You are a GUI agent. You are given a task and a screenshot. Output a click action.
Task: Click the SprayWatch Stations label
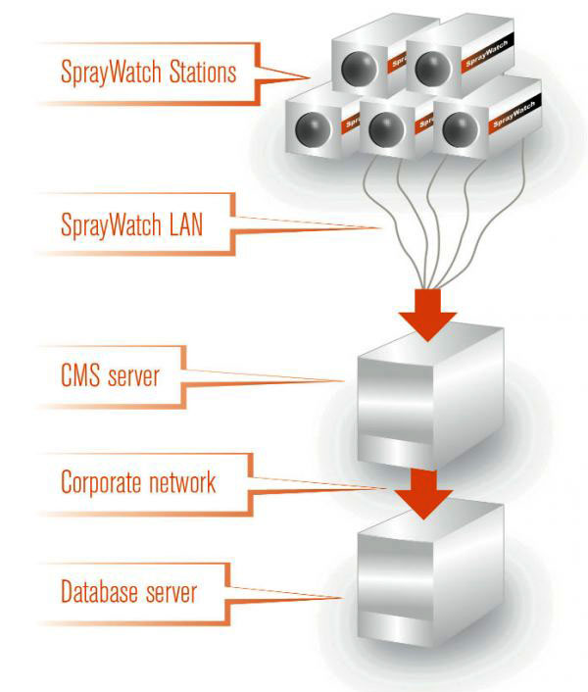point(147,72)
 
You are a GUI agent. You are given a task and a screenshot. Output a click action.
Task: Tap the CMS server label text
point(109,374)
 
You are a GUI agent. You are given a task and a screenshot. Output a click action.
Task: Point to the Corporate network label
point(136,481)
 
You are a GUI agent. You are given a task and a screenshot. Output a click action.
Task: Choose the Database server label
point(128,591)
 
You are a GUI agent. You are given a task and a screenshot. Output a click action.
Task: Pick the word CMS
point(78,374)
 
